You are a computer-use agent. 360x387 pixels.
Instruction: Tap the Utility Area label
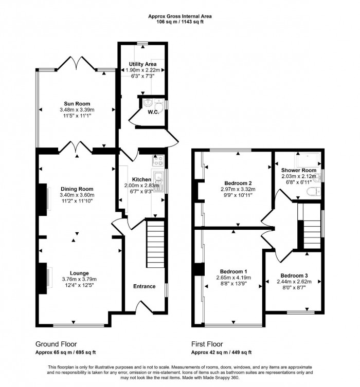point(142,64)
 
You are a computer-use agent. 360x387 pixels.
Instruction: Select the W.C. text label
point(152,112)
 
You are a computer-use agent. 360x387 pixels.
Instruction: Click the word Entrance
point(145,286)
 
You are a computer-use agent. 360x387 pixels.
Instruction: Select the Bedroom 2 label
point(238,183)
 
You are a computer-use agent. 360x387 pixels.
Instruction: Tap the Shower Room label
point(298,170)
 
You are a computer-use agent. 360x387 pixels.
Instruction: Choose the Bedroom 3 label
point(293,275)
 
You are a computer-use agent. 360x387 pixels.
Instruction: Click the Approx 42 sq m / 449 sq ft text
point(221,352)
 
